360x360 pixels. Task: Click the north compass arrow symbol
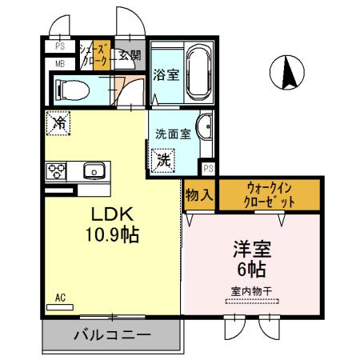pyautogui.click(x=288, y=74)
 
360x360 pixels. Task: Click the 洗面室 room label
pyautogui.click(x=173, y=134)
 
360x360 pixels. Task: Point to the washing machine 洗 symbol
pyautogui.click(x=163, y=159)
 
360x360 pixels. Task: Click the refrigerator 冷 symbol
pyautogui.click(x=59, y=123)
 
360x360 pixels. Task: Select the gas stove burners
pyautogui.click(x=56, y=170)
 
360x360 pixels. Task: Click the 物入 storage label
pyautogui.click(x=199, y=194)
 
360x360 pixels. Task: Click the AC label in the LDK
pyautogui.click(x=59, y=298)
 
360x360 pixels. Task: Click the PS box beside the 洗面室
pyautogui.click(x=207, y=168)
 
